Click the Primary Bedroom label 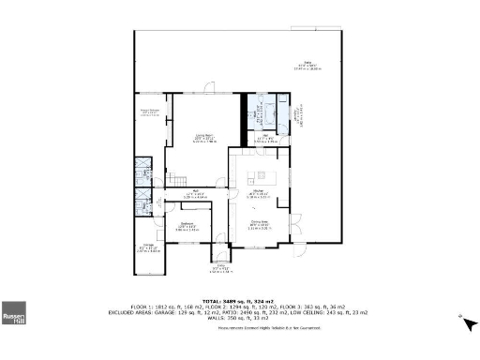pos(153,112)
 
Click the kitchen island pos(262,176)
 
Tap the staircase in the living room pos(175,180)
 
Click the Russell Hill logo pos(14,313)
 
